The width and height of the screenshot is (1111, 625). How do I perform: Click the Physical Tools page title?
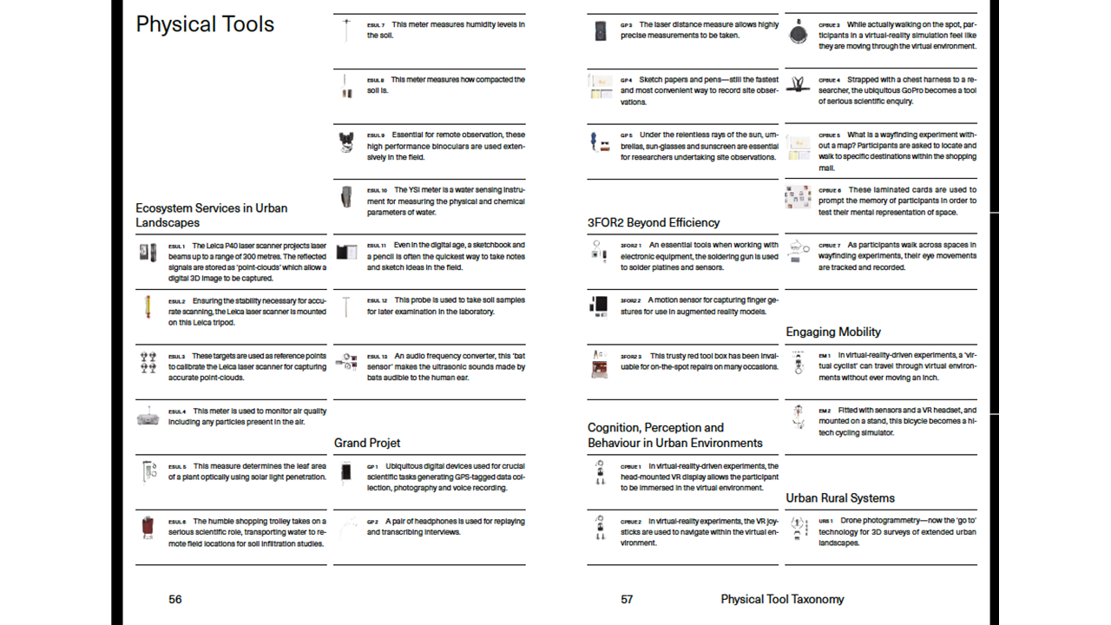205,24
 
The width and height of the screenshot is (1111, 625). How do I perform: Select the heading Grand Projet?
367,443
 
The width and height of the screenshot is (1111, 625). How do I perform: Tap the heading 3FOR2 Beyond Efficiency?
654,222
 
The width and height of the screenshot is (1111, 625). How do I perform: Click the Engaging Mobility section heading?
833,332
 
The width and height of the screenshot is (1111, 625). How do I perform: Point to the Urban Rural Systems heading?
840,497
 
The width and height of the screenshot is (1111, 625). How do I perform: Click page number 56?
175,599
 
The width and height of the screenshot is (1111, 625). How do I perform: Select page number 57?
628,599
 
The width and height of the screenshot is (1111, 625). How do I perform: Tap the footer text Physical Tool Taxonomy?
782,599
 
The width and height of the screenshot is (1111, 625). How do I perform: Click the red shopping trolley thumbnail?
148,527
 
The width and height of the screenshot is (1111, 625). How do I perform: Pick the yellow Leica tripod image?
148,306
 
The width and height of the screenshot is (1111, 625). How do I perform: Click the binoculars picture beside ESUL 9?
346,142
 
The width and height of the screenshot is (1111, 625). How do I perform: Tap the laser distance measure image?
601,31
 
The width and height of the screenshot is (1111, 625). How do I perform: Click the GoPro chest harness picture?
798,85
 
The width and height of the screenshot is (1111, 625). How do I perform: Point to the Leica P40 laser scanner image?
148,252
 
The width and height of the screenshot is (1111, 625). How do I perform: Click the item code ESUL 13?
377,356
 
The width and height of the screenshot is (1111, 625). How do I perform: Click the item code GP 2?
372,522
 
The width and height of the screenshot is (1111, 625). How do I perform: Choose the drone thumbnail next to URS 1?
798,528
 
